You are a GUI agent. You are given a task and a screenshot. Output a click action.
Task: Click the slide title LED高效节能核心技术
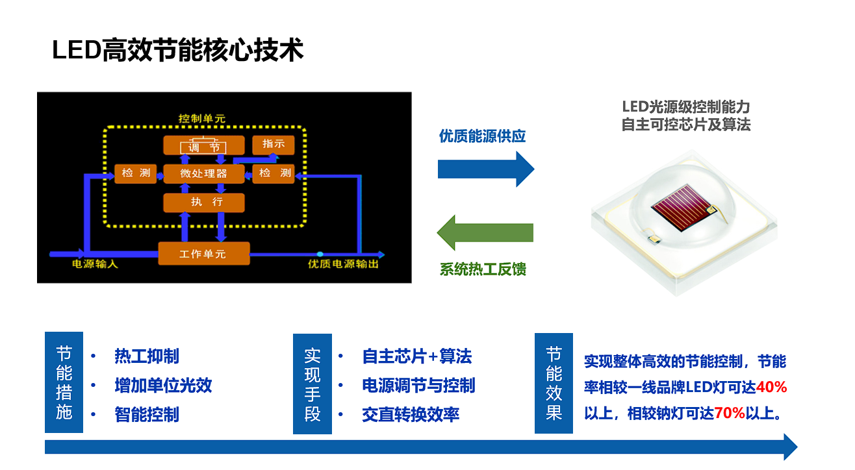(x=177, y=50)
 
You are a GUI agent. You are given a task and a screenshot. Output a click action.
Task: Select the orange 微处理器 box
(x=204, y=173)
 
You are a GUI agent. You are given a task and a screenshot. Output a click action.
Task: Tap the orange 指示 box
(x=274, y=145)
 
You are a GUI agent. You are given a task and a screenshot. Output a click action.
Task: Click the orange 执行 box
(x=204, y=202)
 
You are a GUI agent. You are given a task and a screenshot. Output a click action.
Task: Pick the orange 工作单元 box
(x=204, y=253)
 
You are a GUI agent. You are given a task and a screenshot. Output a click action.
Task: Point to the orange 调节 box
(x=204, y=145)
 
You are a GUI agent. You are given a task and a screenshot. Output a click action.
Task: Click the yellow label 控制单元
(x=202, y=119)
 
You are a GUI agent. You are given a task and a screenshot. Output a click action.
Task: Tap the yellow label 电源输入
(x=95, y=264)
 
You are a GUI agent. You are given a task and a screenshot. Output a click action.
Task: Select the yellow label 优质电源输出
(x=343, y=264)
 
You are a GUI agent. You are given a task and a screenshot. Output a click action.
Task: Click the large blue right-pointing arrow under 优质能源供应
(x=486, y=169)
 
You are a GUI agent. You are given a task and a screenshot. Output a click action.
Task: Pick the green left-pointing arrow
(x=485, y=232)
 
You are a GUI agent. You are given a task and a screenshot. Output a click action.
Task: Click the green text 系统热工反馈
(x=483, y=269)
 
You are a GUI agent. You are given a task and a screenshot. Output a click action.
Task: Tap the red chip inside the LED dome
(x=680, y=206)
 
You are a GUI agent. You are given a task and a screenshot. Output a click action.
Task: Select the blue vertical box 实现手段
(x=313, y=384)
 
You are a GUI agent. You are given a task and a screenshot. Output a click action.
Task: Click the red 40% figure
(x=771, y=387)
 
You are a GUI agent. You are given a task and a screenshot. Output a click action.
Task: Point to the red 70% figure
(x=730, y=413)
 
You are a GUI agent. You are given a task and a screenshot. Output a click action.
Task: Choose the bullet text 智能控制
(x=147, y=415)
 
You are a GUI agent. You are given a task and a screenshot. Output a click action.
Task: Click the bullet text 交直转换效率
(x=411, y=415)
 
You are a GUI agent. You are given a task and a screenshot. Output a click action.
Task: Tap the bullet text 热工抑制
(x=147, y=356)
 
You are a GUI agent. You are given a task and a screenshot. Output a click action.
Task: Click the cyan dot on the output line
(x=320, y=254)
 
